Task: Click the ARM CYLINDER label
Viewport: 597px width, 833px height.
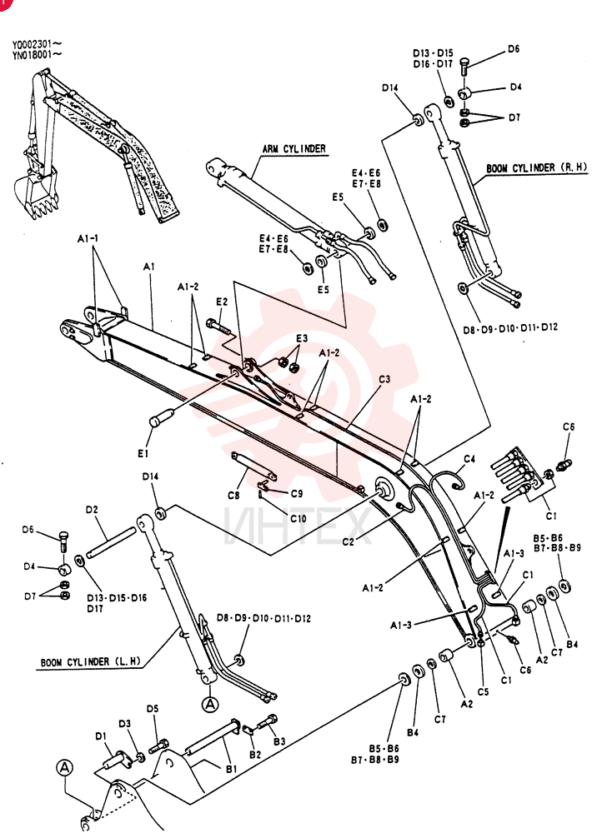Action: pos(294,149)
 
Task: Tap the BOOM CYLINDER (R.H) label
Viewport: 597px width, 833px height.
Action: pos(537,168)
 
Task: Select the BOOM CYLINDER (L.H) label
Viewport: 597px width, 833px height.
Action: pos(91,662)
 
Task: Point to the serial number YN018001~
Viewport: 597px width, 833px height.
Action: pos(37,54)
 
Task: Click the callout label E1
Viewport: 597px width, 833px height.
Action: pos(143,453)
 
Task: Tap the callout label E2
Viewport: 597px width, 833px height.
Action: pos(222,302)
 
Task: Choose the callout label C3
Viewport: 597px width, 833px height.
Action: pos(384,379)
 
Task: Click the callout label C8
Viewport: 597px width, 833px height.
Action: pos(233,495)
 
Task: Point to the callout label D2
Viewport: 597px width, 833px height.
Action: pos(92,510)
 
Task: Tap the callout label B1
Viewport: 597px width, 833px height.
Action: pos(232,769)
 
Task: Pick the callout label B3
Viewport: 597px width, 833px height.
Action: pos(279,741)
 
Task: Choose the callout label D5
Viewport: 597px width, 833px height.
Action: pos(153,709)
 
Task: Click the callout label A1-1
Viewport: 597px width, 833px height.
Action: pos(88,239)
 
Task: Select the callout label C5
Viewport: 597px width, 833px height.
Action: pos(483,691)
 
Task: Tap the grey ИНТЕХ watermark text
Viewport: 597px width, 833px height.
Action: pos(296,526)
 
